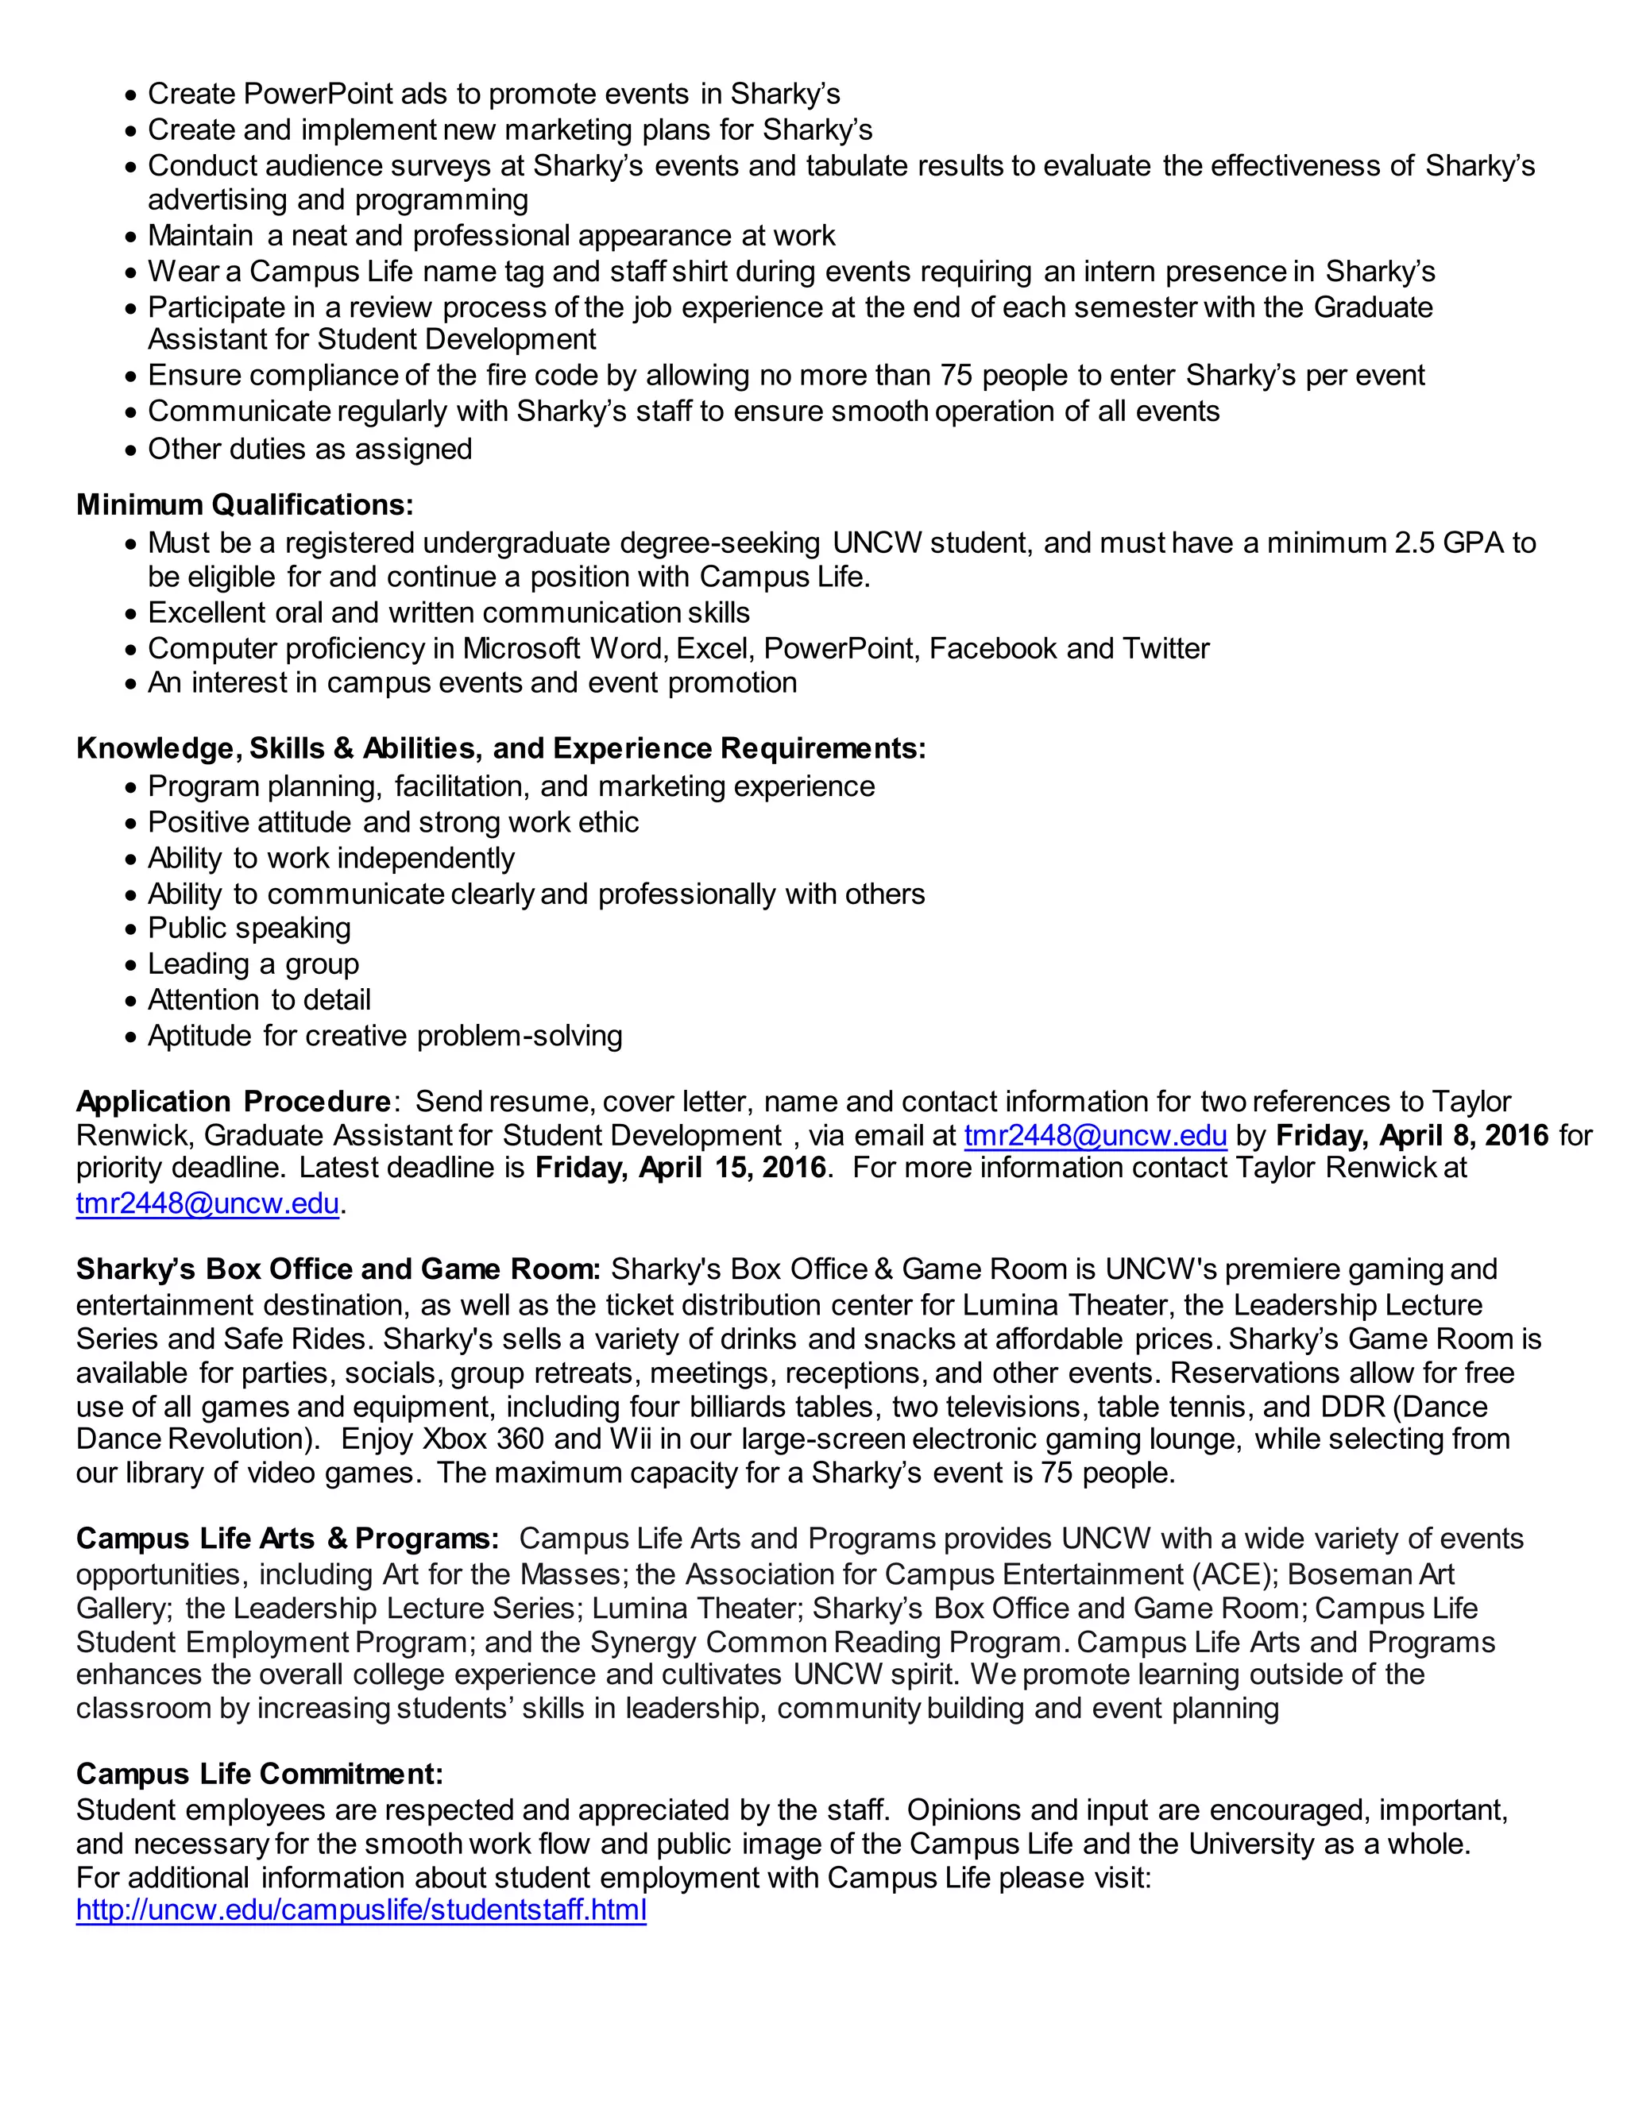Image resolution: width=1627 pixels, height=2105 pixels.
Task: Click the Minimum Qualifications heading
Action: coord(245,504)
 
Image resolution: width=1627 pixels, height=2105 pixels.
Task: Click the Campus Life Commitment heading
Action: coord(259,1774)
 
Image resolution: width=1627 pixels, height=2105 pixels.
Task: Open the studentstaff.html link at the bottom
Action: coord(361,1910)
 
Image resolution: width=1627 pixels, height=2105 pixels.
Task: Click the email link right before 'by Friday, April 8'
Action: coord(1095,1135)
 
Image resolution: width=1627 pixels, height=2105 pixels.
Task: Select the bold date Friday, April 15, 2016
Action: coord(681,1168)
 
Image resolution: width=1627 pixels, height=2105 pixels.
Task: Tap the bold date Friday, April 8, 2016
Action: coord(1411,1135)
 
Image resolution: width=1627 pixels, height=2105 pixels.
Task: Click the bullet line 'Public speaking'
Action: coord(249,928)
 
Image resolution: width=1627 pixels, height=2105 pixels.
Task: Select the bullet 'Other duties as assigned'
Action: coord(309,449)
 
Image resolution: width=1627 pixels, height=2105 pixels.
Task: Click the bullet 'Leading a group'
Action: coord(253,964)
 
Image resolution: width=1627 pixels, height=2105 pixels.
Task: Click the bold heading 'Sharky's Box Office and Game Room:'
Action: coord(338,1269)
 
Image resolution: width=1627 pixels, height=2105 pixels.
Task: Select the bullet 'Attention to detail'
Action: coord(258,999)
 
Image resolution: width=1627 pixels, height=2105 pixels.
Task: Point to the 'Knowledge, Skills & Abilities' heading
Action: coord(500,749)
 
